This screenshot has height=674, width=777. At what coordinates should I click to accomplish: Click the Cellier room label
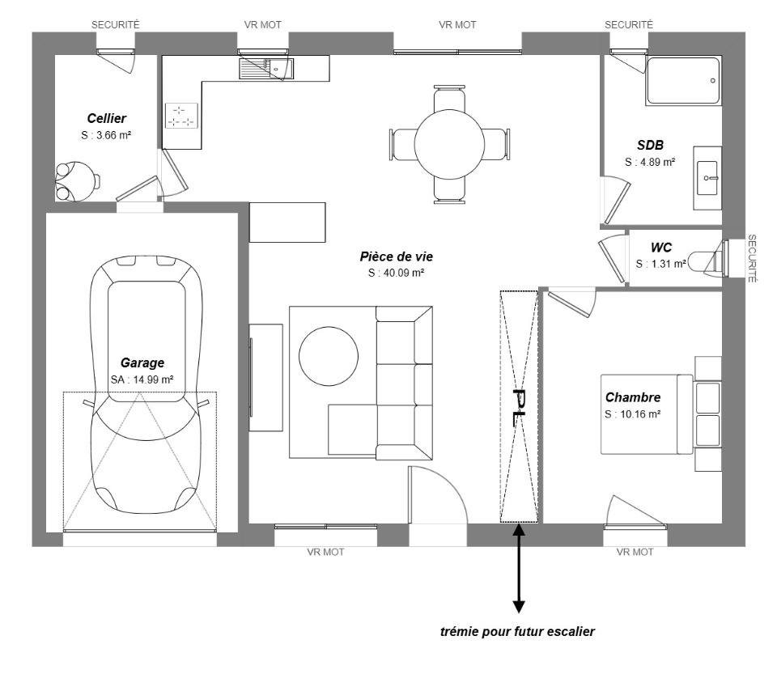pyautogui.click(x=107, y=119)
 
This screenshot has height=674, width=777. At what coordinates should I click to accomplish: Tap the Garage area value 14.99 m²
pyautogui.click(x=142, y=379)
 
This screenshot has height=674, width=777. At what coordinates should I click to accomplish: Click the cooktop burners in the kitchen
pyautogui.click(x=181, y=116)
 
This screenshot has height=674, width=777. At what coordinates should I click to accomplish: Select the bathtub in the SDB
pyautogui.click(x=683, y=80)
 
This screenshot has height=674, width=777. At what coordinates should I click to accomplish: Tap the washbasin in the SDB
pyautogui.click(x=709, y=177)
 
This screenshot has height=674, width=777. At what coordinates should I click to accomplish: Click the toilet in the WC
pyautogui.click(x=708, y=259)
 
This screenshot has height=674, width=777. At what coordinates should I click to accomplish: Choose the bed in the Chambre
pyautogui.click(x=647, y=414)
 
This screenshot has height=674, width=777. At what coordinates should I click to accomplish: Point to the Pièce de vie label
pyautogui.click(x=397, y=256)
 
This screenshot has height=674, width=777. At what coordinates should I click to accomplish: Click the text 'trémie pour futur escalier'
pyautogui.click(x=517, y=631)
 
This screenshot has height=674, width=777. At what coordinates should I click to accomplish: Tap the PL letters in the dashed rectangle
pyautogui.click(x=518, y=405)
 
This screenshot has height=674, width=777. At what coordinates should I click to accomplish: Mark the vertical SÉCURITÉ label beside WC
pyautogui.click(x=753, y=258)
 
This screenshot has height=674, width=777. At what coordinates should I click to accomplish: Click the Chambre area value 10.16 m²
pyautogui.click(x=632, y=413)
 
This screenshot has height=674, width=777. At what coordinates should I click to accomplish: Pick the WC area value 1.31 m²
pyautogui.click(x=660, y=264)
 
